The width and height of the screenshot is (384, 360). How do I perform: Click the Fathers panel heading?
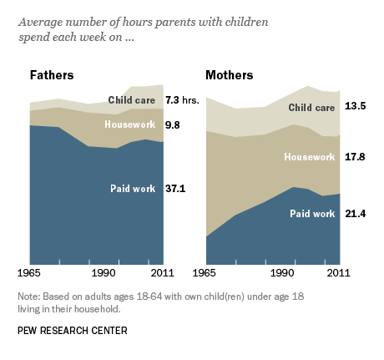coord(52,75)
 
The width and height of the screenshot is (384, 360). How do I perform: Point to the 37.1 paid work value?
coord(174,189)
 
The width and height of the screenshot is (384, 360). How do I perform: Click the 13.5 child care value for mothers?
coord(356,107)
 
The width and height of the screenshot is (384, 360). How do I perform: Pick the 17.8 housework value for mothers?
coord(356,156)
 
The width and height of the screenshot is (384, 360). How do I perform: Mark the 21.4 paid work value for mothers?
coord(356,214)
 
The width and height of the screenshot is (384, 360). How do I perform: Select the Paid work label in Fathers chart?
coord(133,189)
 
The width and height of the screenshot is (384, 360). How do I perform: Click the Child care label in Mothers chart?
coord(311,107)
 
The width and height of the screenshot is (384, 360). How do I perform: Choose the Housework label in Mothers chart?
coord(309,156)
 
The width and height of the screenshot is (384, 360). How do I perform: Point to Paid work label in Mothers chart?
coord(312,214)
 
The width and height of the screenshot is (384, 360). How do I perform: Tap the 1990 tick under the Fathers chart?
coord(103,273)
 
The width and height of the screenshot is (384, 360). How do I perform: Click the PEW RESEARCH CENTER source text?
coord(72,331)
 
